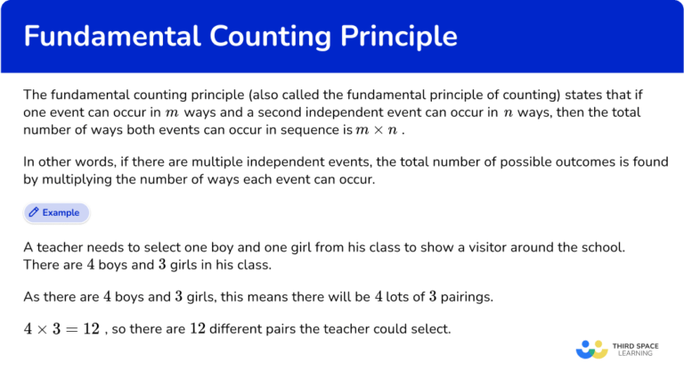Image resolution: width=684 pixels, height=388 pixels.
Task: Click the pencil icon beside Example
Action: [x=34, y=213]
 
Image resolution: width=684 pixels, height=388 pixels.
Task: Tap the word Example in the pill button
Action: [x=61, y=213]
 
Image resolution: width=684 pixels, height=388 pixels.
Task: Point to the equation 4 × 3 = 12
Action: [x=61, y=329]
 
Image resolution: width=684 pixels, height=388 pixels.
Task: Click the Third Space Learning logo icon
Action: [x=591, y=349]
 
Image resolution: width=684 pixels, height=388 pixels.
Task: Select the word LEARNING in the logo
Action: [x=633, y=353]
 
